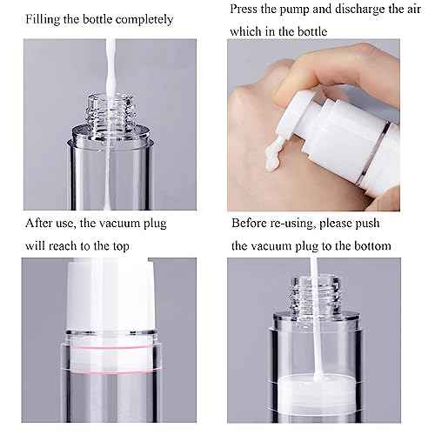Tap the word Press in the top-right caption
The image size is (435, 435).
(x=247, y=10)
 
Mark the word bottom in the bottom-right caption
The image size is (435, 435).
(x=371, y=246)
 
